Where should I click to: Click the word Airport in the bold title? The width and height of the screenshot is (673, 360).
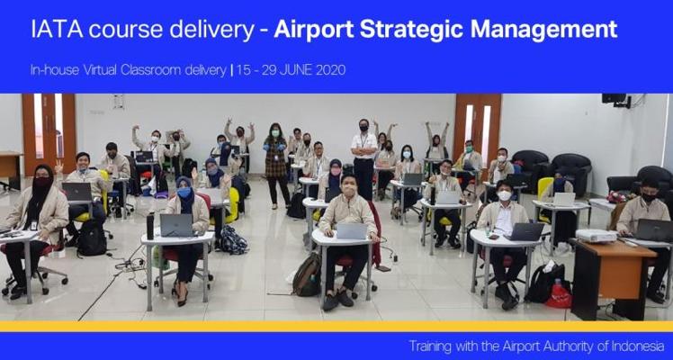pos(314,30)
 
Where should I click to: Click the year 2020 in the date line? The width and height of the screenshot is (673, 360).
pos(330,70)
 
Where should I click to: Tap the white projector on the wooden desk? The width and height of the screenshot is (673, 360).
pos(597,236)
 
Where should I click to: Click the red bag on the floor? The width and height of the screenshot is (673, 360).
pos(559,295)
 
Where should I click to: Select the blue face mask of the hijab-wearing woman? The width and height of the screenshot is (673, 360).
pos(184,193)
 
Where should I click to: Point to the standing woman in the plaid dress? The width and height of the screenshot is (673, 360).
pos(276,166)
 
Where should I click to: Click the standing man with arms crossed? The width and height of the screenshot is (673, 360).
pos(363,159)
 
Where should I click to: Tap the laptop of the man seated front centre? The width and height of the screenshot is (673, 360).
pos(351,230)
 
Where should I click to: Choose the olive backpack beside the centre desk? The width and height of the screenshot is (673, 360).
pos(308,274)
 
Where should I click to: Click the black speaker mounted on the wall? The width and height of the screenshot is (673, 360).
pos(615,100)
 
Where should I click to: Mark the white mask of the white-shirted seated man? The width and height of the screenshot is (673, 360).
pos(505,195)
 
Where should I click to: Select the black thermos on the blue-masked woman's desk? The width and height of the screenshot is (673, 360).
pos(149,226)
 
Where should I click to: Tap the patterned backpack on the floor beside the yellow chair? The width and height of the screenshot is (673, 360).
pos(234,240)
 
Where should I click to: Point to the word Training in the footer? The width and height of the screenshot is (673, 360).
pos(430,346)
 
